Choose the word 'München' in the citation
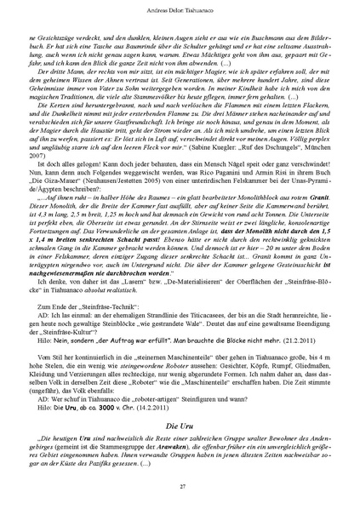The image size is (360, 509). point(318,169)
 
